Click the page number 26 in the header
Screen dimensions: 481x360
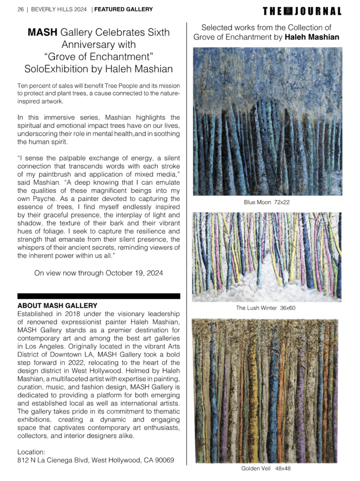point(20,9)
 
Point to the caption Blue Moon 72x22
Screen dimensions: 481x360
point(266,202)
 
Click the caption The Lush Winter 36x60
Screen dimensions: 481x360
point(266,308)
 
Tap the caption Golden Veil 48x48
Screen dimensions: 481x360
point(266,469)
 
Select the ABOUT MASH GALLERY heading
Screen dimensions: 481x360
point(57,306)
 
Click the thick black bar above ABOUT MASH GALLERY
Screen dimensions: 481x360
point(99,296)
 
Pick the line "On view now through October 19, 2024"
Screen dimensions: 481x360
point(99,273)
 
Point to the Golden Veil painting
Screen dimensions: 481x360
point(266,390)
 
